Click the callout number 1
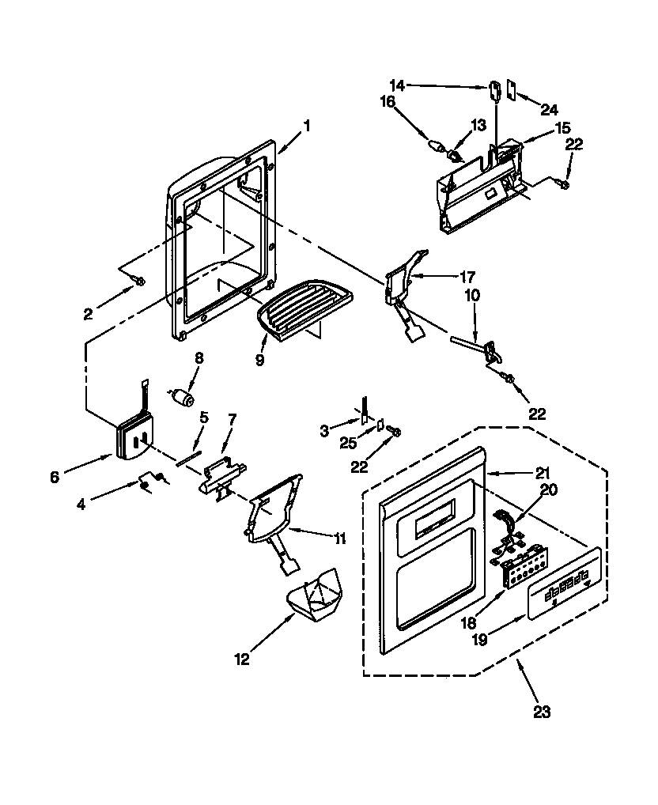[x=307, y=125]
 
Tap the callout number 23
[x=541, y=712]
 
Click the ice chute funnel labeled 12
[x=314, y=599]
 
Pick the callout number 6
[x=54, y=478]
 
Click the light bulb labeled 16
[x=434, y=146]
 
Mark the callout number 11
[x=340, y=539]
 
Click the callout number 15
[x=562, y=127]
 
